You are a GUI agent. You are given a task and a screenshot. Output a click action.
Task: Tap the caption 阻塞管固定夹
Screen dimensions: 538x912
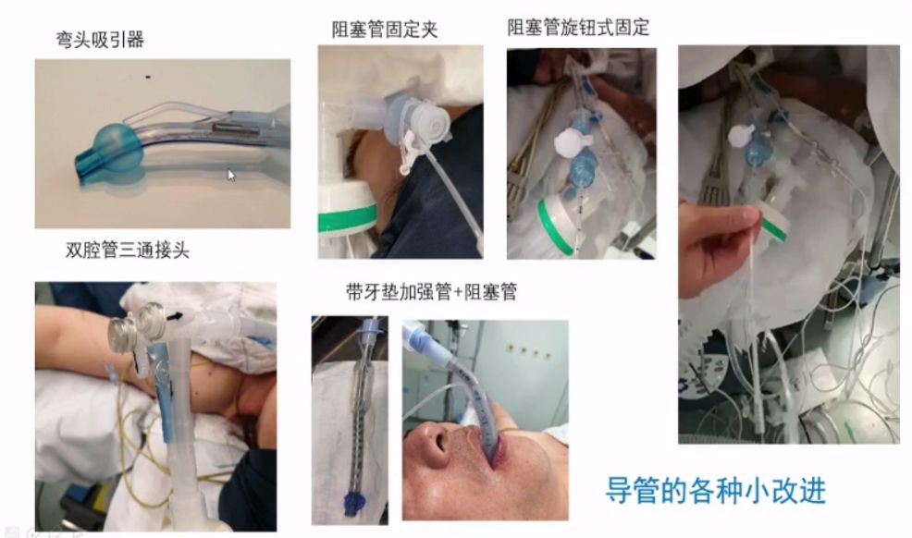384,30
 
